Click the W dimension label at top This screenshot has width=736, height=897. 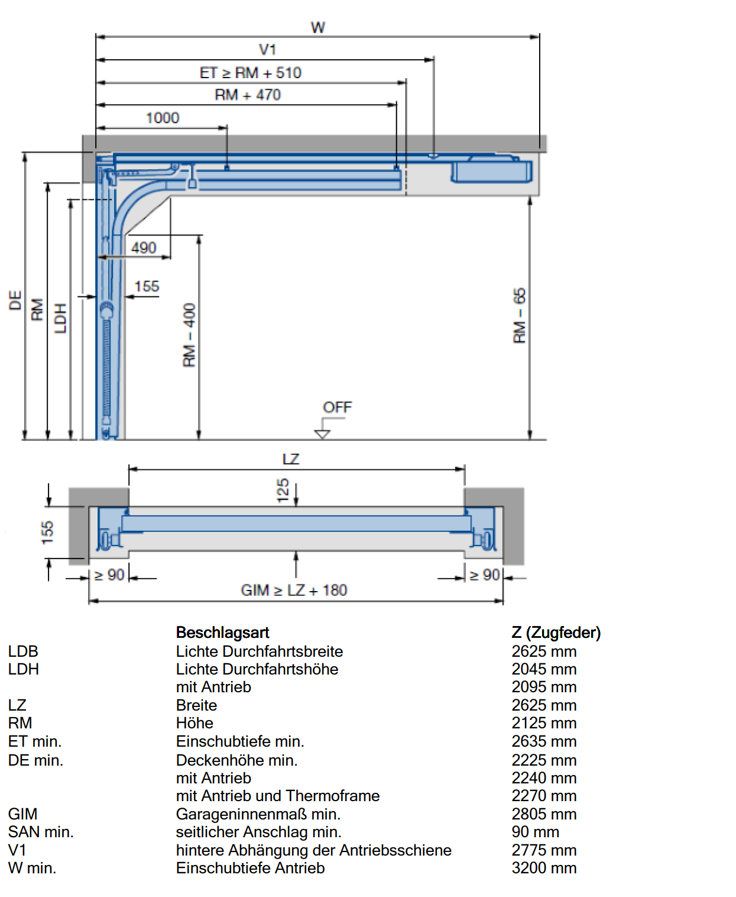click(318, 28)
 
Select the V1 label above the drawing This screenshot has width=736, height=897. click(268, 50)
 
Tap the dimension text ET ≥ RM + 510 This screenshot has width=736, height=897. click(250, 73)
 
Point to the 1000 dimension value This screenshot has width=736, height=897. click(163, 118)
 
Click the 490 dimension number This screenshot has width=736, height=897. click(144, 247)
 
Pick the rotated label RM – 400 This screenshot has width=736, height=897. click(189, 335)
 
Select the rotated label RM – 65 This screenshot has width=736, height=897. click(519, 315)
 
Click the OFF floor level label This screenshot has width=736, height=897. click(338, 407)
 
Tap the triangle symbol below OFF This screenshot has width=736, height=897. click(322, 434)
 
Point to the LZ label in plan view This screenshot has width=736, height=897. click(291, 459)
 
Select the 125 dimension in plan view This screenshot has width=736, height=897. click(283, 491)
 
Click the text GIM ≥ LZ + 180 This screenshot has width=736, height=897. click(294, 590)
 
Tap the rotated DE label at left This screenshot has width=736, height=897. click(15, 300)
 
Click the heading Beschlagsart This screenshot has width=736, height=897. click(223, 633)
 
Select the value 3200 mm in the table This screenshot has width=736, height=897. click(544, 867)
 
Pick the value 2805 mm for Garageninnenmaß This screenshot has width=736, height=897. click(544, 814)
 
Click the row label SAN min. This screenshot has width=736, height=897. click(41, 831)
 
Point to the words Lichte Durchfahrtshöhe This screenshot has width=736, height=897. click(257, 669)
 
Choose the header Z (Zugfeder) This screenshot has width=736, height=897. click(556, 633)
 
